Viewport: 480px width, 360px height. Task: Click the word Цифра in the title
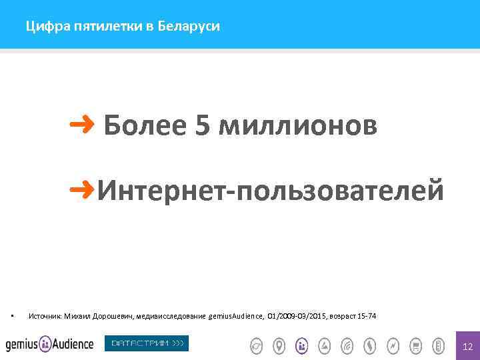coord(41,27)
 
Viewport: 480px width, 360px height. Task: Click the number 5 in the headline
coord(203,125)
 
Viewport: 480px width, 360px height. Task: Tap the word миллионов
coord(297,125)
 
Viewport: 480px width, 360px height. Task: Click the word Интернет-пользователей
coord(271,190)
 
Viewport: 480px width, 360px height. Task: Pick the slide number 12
coord(467,346)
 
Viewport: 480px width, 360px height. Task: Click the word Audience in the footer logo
coord(74,344)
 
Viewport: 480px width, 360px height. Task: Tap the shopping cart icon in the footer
coord(415,345)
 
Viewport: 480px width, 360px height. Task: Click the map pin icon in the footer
coord(279,345)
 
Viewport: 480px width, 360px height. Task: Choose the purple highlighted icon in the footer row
coord(302,345)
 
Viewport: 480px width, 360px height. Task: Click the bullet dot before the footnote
coord(13,315)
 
